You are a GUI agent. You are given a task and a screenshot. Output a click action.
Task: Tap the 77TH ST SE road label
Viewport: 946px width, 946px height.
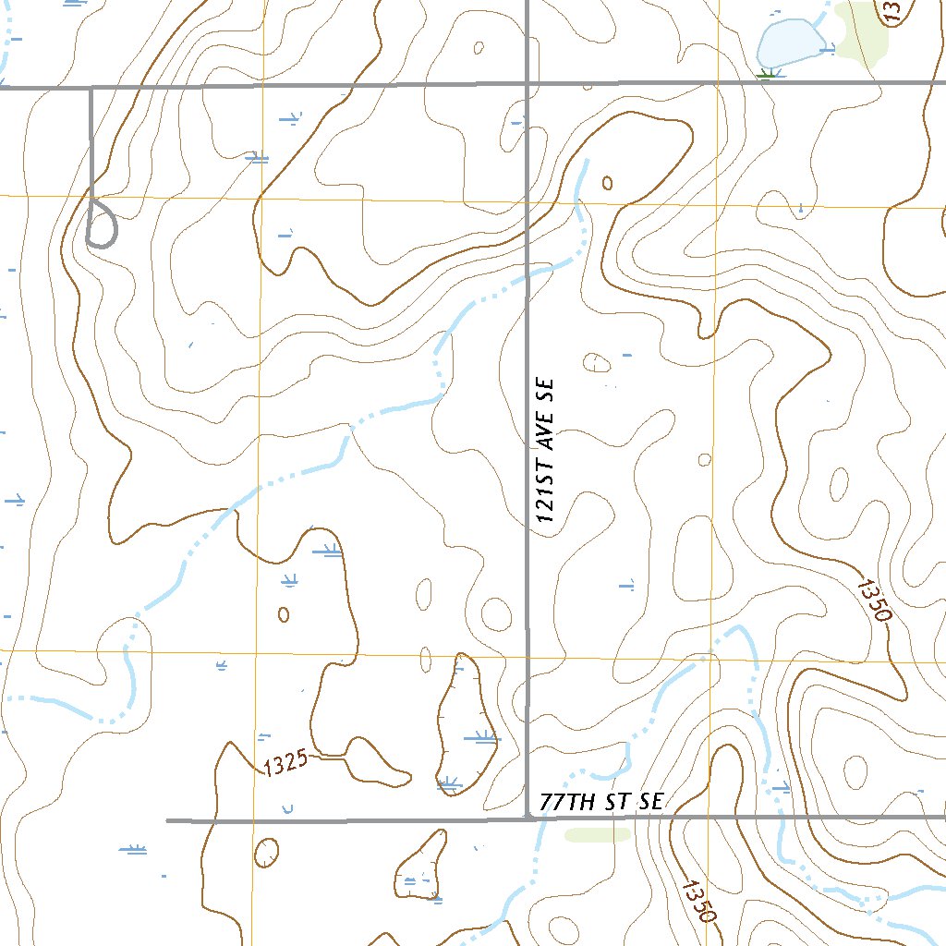(602, 802)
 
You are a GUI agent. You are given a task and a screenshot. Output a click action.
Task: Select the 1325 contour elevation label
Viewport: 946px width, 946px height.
(283, 766)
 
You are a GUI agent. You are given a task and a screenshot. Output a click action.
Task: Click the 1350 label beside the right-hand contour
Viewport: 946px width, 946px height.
(872, 601)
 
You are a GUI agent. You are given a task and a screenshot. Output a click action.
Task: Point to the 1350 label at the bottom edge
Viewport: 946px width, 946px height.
(698, 900)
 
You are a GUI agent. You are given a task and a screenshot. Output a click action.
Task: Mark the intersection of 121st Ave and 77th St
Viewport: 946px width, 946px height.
(528, 818)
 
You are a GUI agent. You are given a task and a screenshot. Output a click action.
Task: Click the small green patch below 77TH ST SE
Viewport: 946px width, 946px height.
(597, 834)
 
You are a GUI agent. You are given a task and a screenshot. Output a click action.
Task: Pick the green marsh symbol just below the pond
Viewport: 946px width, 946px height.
(766, 74)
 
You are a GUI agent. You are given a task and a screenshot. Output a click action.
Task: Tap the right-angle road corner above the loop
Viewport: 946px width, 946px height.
(91, 89)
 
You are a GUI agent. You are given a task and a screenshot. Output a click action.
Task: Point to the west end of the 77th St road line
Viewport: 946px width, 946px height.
(168, 819)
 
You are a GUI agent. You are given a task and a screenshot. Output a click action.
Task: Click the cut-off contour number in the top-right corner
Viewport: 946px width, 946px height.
(892, 11)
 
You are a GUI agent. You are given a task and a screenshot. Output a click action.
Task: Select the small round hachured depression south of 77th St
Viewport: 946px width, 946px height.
(267, 852)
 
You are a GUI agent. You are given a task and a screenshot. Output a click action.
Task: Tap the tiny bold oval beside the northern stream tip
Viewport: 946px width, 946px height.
(607, 182)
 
